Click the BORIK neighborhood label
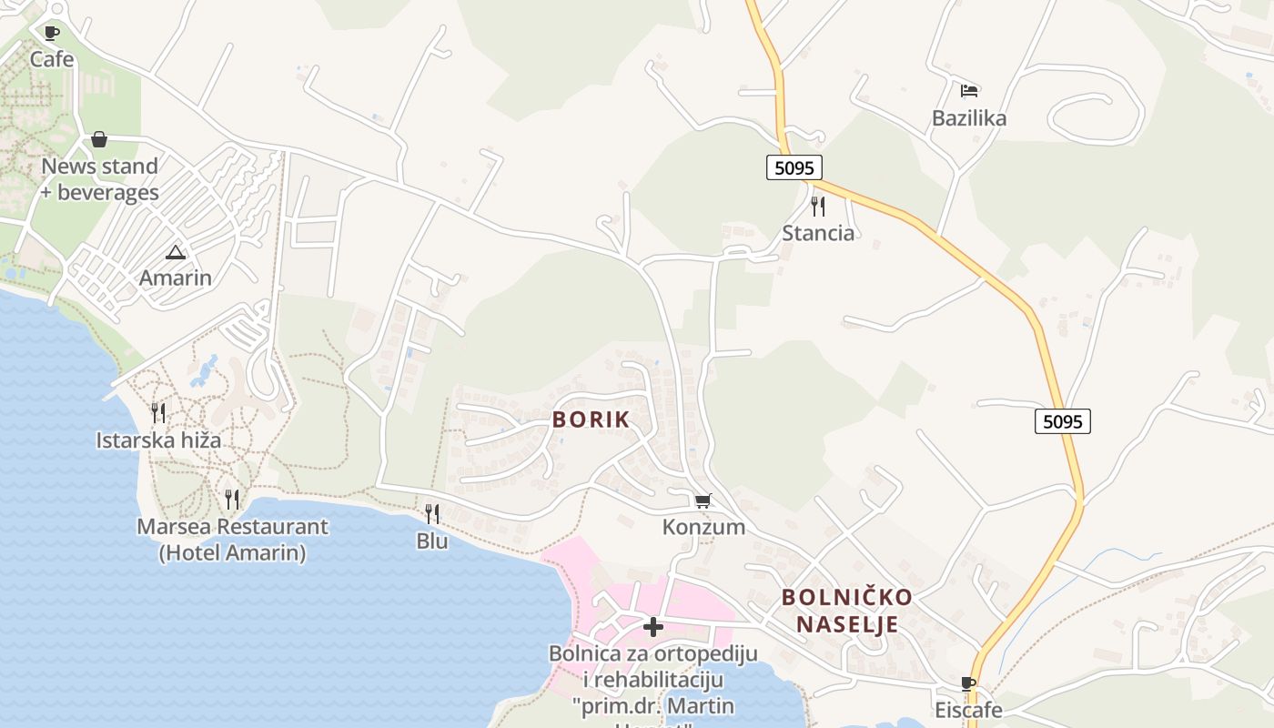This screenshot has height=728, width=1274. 591,420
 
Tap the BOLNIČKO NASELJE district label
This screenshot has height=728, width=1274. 847,611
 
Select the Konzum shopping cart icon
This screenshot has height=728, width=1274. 703,501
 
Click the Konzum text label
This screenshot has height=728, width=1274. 703,527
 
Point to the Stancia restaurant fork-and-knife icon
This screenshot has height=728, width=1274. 817,207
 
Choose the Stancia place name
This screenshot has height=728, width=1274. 818,233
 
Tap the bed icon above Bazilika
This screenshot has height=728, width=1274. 969,91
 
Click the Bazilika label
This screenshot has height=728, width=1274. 969,118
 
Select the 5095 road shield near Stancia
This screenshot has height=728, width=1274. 794,167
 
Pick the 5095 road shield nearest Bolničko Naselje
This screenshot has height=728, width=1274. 1062,421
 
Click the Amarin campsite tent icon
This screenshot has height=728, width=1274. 176,252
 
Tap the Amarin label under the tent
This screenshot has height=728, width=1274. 176,278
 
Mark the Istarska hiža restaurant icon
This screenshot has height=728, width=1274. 158,413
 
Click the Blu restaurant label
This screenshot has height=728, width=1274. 432,541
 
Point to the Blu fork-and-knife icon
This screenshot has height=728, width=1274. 432,514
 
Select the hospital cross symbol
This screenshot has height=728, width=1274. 653,626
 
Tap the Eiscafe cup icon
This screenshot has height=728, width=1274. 968,683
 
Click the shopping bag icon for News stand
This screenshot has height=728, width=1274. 99,139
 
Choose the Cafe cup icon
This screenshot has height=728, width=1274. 52,34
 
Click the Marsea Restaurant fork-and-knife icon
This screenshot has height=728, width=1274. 232,499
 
